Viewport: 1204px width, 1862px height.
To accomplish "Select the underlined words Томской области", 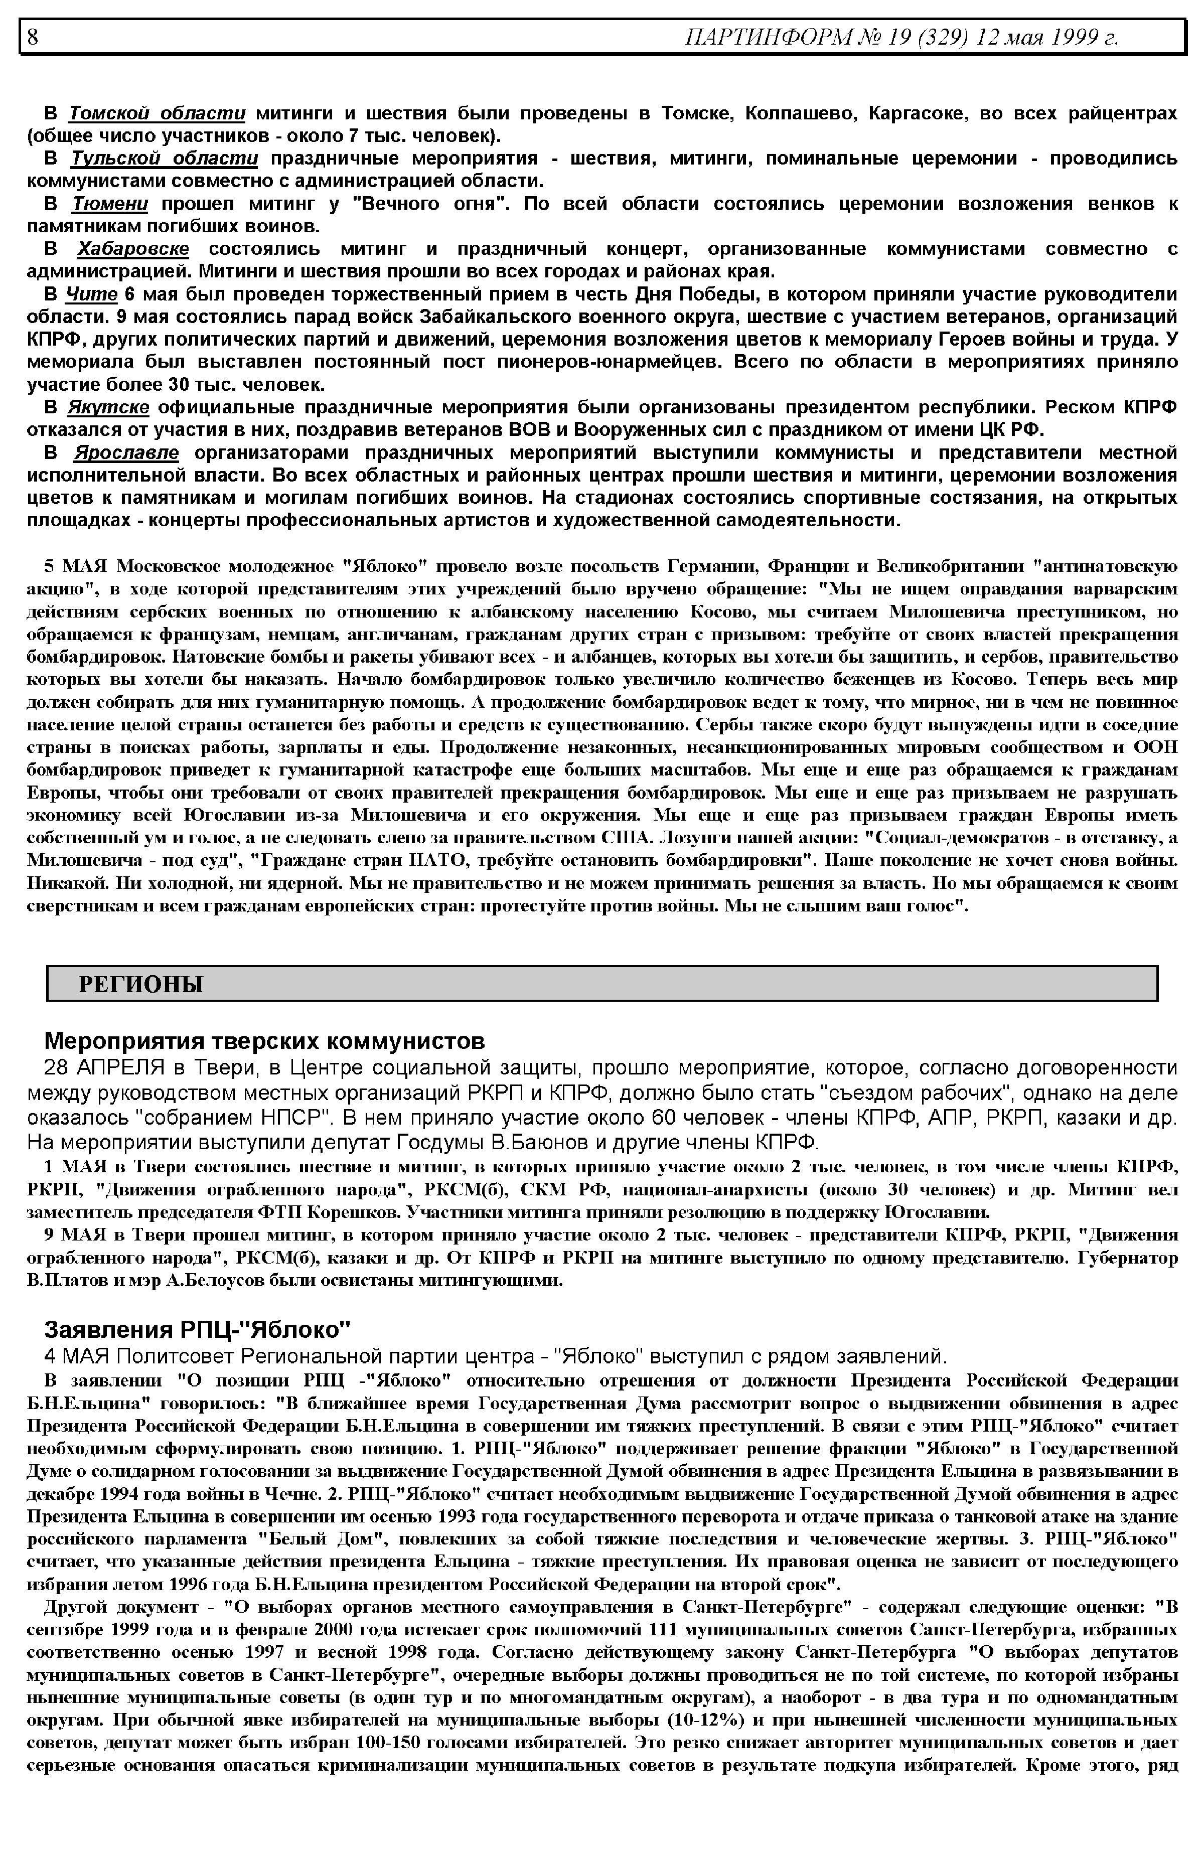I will coord(157,113).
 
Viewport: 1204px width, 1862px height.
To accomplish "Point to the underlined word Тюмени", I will coord(110,204).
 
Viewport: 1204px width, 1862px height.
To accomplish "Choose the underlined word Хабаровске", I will coord(133,249).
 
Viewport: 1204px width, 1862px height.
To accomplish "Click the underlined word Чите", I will coord(91,294).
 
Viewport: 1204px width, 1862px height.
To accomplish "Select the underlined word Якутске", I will coord(109,407).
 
